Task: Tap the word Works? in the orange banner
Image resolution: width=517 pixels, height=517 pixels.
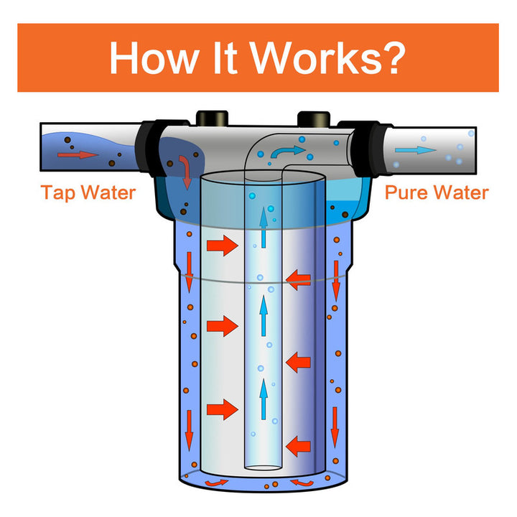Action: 336,58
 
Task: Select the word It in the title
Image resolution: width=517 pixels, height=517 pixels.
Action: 232,58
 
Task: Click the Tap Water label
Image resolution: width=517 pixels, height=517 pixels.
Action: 88,192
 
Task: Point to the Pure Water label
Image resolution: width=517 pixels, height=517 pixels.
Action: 437,192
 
